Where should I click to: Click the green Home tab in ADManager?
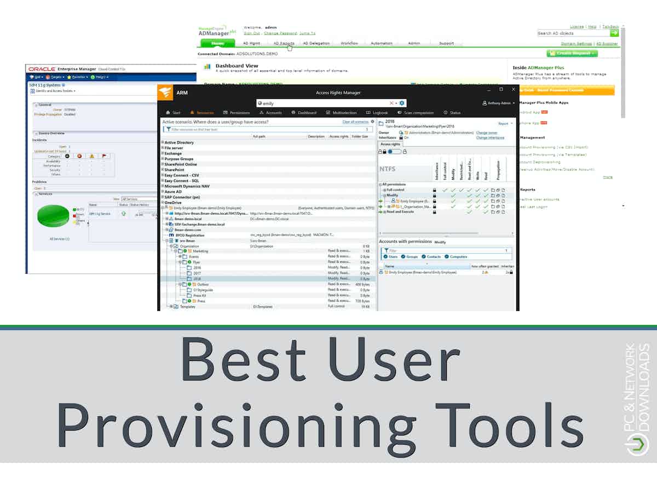(218, 43)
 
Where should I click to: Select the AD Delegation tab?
(316, 43)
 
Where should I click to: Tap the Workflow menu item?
(349, 43)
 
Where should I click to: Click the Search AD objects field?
(573, 33)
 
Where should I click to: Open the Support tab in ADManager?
(446, 43)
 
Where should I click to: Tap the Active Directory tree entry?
(179, 142)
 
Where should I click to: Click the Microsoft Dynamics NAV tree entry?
(187, 186)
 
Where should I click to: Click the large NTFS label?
(388, 169)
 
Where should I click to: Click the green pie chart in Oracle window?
(54, 215)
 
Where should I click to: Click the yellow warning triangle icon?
(92, 156)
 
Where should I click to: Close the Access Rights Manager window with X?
(514, 89)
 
